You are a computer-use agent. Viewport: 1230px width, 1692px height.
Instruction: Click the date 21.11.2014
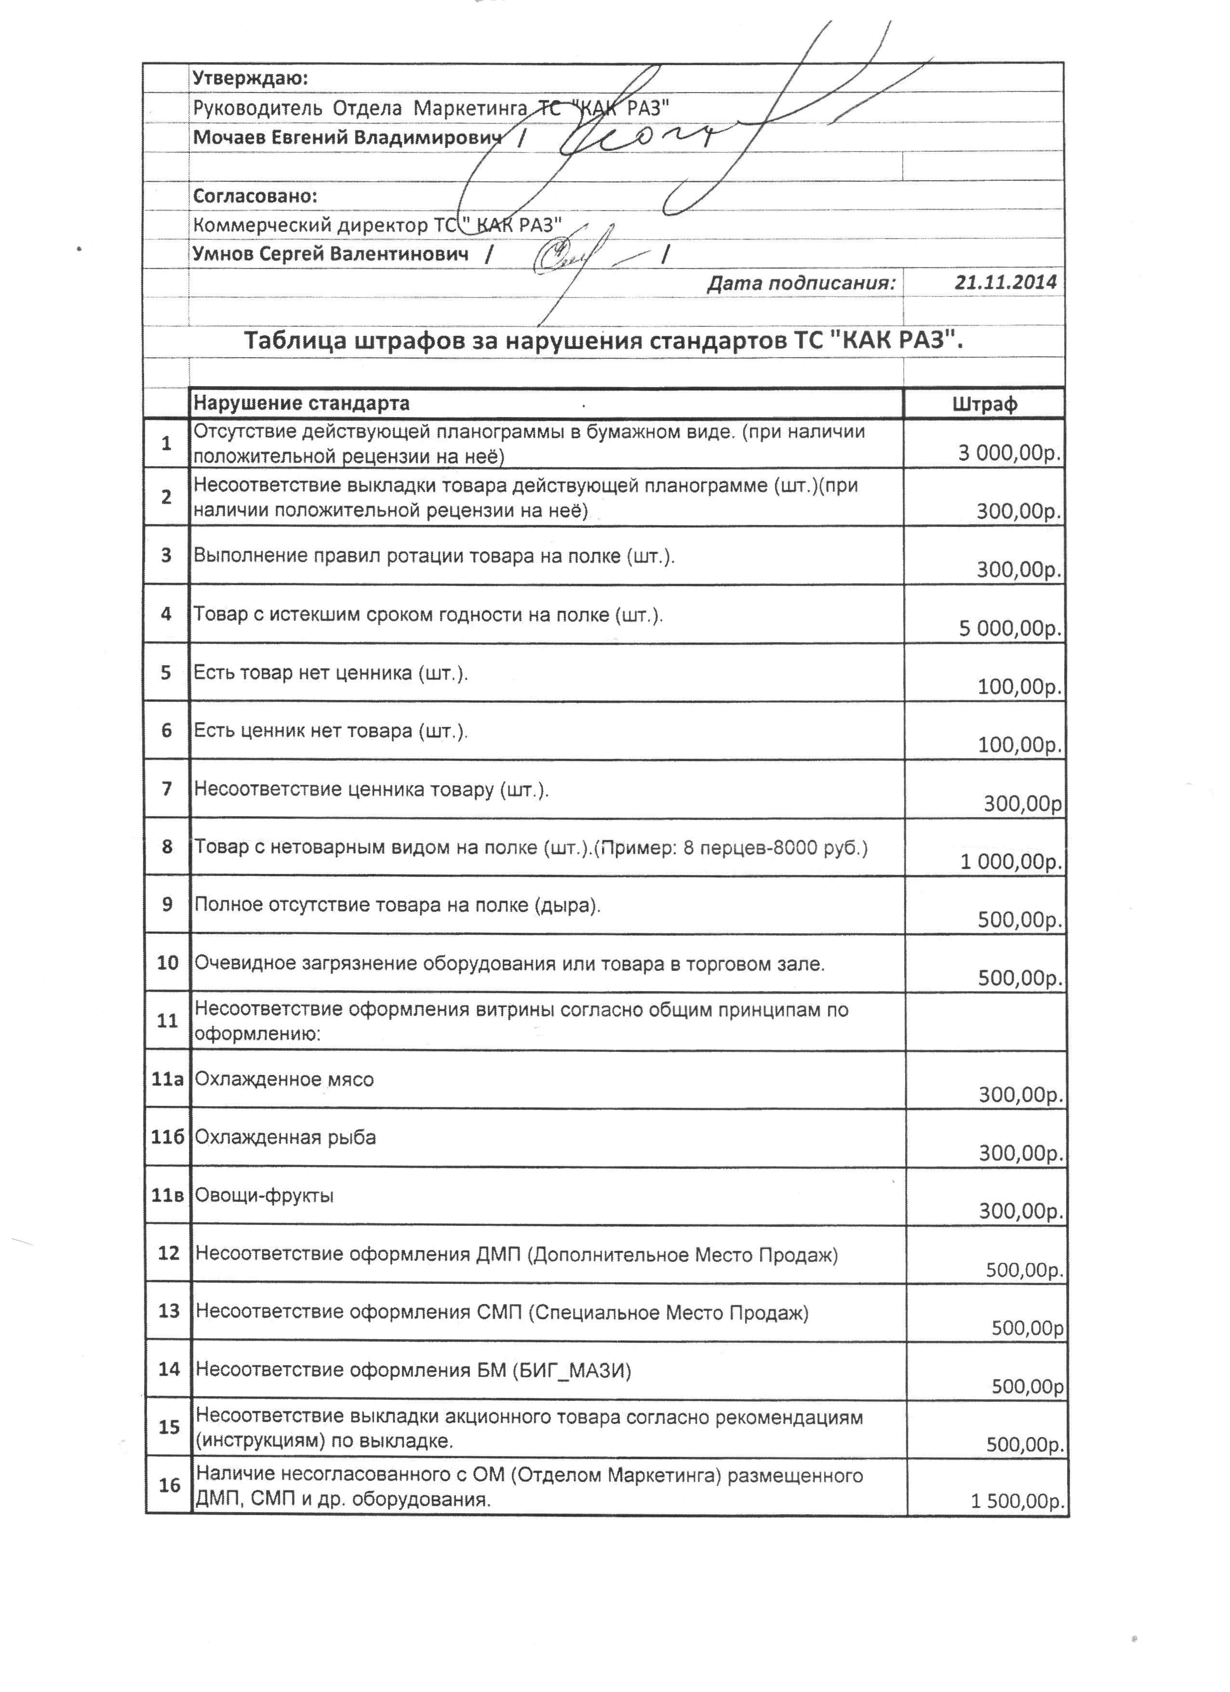1005,282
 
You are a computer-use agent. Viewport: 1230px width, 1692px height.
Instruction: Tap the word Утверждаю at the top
250,78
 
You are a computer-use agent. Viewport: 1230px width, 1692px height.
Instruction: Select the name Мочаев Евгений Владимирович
347,137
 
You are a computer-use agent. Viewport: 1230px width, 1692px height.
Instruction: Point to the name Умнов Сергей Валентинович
331,254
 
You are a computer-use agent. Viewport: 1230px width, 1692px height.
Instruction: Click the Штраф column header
985,404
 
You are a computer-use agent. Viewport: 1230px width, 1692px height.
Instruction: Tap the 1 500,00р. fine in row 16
1016,1501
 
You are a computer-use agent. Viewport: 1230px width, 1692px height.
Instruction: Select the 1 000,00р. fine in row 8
1011,862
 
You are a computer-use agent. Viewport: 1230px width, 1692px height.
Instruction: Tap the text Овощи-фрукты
264,1195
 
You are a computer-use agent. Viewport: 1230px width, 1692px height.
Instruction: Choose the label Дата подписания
801,283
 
